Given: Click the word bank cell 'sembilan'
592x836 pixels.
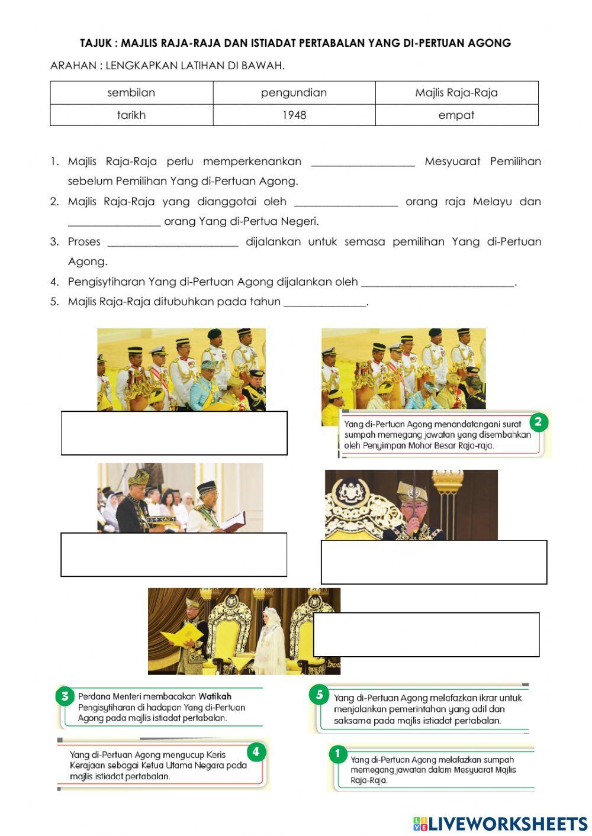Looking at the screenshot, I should point(131,93).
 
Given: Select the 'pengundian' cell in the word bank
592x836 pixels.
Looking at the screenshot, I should point(294,93).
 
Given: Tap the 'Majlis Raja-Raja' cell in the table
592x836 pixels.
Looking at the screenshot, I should point(456,93).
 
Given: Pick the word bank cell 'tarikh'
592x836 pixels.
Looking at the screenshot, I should point(131,115).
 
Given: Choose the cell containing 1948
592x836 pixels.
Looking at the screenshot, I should point(294,115).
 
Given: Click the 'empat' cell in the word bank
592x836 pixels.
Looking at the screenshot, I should point(456,115).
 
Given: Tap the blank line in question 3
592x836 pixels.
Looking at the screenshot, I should point(173,243).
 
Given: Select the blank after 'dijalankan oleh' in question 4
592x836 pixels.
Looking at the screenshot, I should point(437,283).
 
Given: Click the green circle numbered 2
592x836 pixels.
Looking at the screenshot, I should point(538,422).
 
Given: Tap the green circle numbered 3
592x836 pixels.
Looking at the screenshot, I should point(65,696).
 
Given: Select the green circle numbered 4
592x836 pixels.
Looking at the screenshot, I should point(256,752).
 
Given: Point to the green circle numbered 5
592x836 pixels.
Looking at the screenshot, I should point(319,695).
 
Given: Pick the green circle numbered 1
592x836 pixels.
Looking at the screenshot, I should point(337,754).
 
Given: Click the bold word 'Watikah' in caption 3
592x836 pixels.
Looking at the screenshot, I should point(215,696).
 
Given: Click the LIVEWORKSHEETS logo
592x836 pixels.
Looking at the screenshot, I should point(500,824).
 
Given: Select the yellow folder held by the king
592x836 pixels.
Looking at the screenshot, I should point(181,638).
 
